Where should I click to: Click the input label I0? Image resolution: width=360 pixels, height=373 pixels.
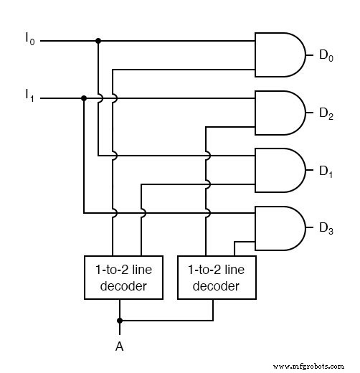click(29, 37)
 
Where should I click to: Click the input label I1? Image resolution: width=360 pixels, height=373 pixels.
click(29, 94)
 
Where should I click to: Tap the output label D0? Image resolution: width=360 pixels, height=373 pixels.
click(325, 55)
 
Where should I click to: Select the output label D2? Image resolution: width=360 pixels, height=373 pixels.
click(325, 113)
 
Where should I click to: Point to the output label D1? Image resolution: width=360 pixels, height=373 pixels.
click(325, 171)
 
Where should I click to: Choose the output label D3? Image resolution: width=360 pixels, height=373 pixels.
click(325, 229)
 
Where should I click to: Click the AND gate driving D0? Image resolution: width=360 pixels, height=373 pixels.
click(280, 55)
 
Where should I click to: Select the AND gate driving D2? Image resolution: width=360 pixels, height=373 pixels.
click(280, 113)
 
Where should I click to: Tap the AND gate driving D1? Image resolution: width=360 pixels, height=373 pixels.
click(280, 171)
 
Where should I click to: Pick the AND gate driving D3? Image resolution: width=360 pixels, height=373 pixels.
click(280, 229)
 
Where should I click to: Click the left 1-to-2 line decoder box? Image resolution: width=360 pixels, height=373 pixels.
click(120, 278)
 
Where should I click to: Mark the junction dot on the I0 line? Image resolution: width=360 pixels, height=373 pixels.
click(98, 41)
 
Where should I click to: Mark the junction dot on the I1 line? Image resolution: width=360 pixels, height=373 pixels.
click(84, 98)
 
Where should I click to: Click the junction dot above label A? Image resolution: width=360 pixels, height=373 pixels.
click(120, 320)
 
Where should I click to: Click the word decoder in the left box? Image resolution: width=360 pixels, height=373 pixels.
click(120, 286)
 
